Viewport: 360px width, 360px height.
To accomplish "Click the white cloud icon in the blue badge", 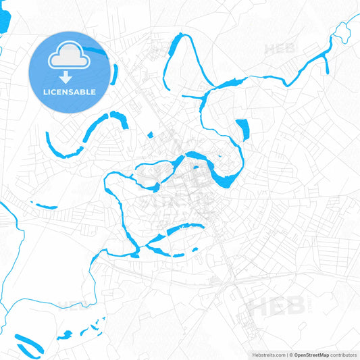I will pos(70,58).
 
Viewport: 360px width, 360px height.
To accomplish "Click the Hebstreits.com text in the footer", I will pos(264,355).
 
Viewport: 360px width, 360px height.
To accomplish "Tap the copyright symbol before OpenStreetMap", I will pos(290,355).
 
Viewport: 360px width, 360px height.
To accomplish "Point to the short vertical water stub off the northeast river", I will pos(326,65).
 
